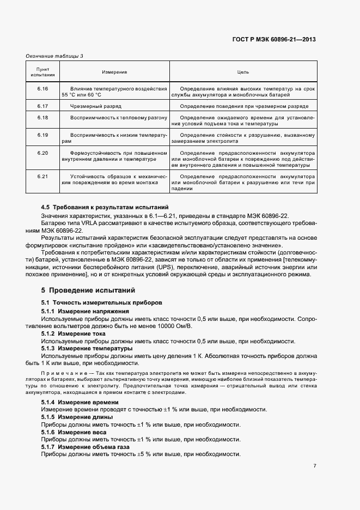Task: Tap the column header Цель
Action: click(243, 72)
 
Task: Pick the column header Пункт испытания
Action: click(42, 72)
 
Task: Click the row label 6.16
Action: click(42, 88)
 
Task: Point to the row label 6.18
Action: click(42, 117)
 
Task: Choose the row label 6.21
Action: click(42, 176)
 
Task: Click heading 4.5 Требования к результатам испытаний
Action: click(105, 208)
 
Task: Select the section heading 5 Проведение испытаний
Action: click(88, 290)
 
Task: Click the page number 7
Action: click(314, 465)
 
